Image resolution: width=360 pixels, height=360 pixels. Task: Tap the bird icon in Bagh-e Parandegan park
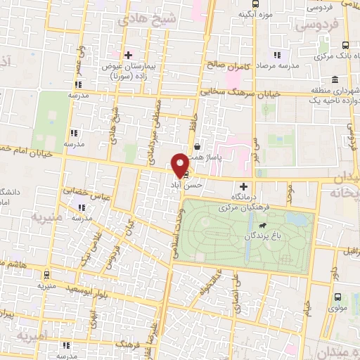pyautogui.click(x=262, y=226)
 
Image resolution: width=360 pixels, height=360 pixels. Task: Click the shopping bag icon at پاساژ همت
pyautogui.click(x=198, y=146)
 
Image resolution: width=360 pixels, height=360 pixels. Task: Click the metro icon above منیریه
pyautogui.click(x=47, y=276)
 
